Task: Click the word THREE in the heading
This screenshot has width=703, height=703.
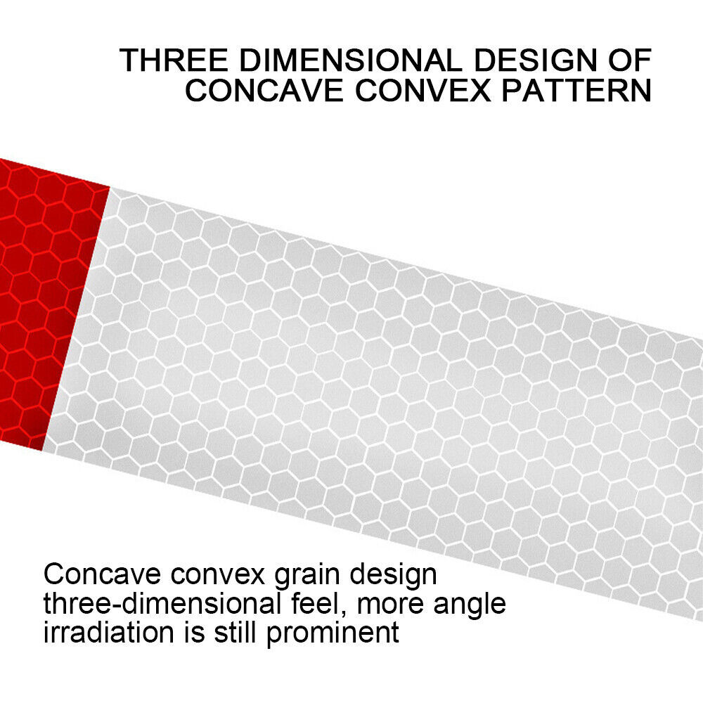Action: tap(174, 60)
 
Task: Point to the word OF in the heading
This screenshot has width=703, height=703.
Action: tap(630, 60)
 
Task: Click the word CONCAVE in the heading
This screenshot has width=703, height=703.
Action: tap(264, 90)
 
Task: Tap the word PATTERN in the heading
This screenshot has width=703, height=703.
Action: tap(576, 90)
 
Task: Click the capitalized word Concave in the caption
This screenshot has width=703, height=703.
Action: tap(102, 574)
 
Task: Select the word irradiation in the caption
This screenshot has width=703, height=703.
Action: tap(108, 632)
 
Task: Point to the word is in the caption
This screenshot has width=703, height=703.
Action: tap(195, 632)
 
